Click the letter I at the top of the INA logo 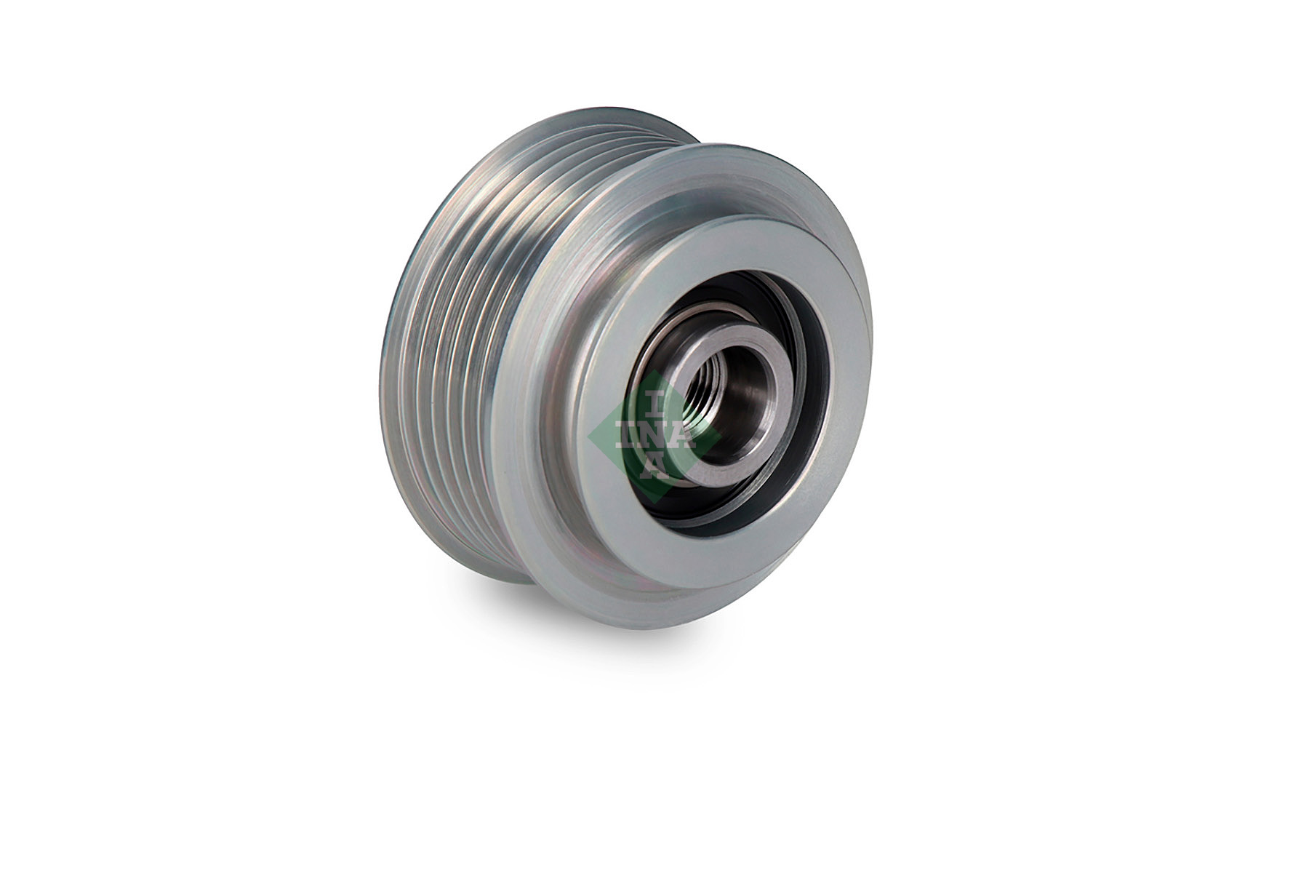click(654, 401)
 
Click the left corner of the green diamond click(589, 435)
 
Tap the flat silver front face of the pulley click(836, 291)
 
